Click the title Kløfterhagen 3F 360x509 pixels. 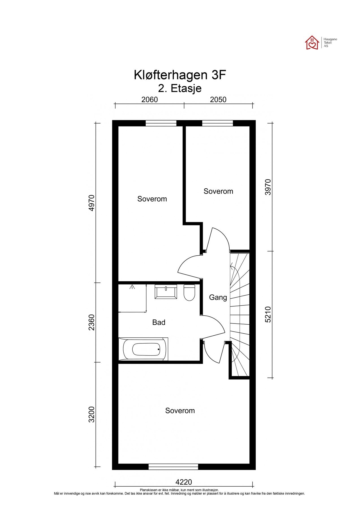(x=180, y=76)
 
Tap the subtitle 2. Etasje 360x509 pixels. (x=180, y=89)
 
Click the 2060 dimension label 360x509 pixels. (x=149, y=100)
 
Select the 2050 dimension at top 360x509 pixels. (x=219, y=100)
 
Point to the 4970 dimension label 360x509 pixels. (x=91, y=203)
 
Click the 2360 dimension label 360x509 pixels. (x=91, y=322)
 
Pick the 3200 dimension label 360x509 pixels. (x=91, y=414)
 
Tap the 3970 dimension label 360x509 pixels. (x=268, y=187)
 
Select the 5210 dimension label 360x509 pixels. (x=268, y=314)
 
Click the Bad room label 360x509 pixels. (x=159, y=322)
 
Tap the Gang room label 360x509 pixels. (x=218, y=297)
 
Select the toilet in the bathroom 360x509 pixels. (x=189, y=293)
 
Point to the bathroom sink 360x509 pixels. (x=166, y=292)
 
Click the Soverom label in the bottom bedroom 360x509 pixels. (x=180, y=411)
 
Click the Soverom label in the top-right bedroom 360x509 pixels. (x=218, y=191)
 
